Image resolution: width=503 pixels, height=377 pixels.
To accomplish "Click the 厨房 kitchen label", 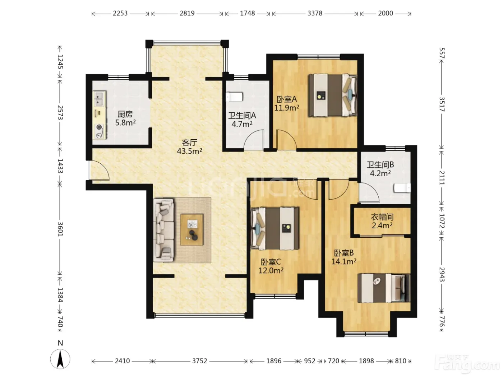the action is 125,114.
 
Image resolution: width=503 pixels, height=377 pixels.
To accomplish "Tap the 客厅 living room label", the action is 189,143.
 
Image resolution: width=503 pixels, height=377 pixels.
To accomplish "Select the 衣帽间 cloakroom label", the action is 382,217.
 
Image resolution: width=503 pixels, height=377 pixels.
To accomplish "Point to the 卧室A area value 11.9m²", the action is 287,108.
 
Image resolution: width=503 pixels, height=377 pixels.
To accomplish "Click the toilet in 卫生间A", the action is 234,97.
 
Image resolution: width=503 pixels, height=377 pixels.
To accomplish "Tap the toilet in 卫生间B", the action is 402,188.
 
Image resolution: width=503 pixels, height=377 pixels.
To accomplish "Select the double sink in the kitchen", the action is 99,99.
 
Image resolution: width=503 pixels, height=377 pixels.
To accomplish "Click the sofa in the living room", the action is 163,230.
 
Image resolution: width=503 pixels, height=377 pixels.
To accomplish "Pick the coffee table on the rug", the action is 192,230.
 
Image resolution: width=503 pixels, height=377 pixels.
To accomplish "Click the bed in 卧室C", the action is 275,228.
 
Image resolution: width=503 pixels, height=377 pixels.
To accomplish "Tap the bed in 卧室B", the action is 384,288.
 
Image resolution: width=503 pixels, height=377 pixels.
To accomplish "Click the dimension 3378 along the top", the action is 315,13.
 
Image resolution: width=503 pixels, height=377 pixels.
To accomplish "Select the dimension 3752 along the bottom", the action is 200,361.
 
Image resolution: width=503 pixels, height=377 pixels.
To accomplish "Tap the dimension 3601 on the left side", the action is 60,229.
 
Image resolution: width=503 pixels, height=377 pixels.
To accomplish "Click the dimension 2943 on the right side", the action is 442,274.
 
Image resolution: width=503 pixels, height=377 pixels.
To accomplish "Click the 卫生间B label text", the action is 380,164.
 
